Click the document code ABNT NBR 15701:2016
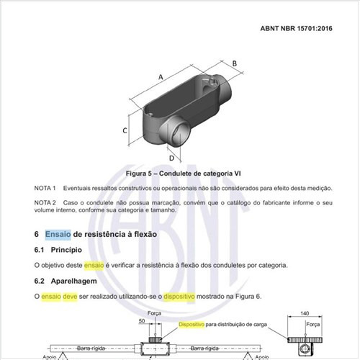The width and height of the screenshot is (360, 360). pos(296,28)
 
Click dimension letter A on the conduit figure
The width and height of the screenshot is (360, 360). pos(161,77)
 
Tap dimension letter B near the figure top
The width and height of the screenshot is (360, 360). pos(235,63)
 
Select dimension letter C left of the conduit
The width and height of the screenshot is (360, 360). pos(125,130)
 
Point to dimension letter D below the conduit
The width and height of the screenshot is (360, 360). pos(171,158)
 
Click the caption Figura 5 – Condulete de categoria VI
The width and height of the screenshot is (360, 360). pos(183,174)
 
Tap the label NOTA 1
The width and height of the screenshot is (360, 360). pos(45,188)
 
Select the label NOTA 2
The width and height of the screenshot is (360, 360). pos(45,202)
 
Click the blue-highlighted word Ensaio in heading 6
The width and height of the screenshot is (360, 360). pos(58,234)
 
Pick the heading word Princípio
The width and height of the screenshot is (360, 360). pos(66,250)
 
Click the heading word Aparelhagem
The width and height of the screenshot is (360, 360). pos(73,281)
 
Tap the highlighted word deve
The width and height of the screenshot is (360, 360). pos(70,297)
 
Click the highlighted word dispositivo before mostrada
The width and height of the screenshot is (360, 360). pos(179,297)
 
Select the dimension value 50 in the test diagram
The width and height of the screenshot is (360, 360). pos(142,321)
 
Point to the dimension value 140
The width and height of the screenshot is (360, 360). pos(305,313)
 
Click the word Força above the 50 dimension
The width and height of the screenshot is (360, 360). pos(154,313)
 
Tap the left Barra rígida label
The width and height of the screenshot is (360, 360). pos(91,348)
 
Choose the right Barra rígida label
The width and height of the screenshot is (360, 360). pos(204,348)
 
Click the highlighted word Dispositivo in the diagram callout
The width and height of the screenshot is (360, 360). pos(192,325)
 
